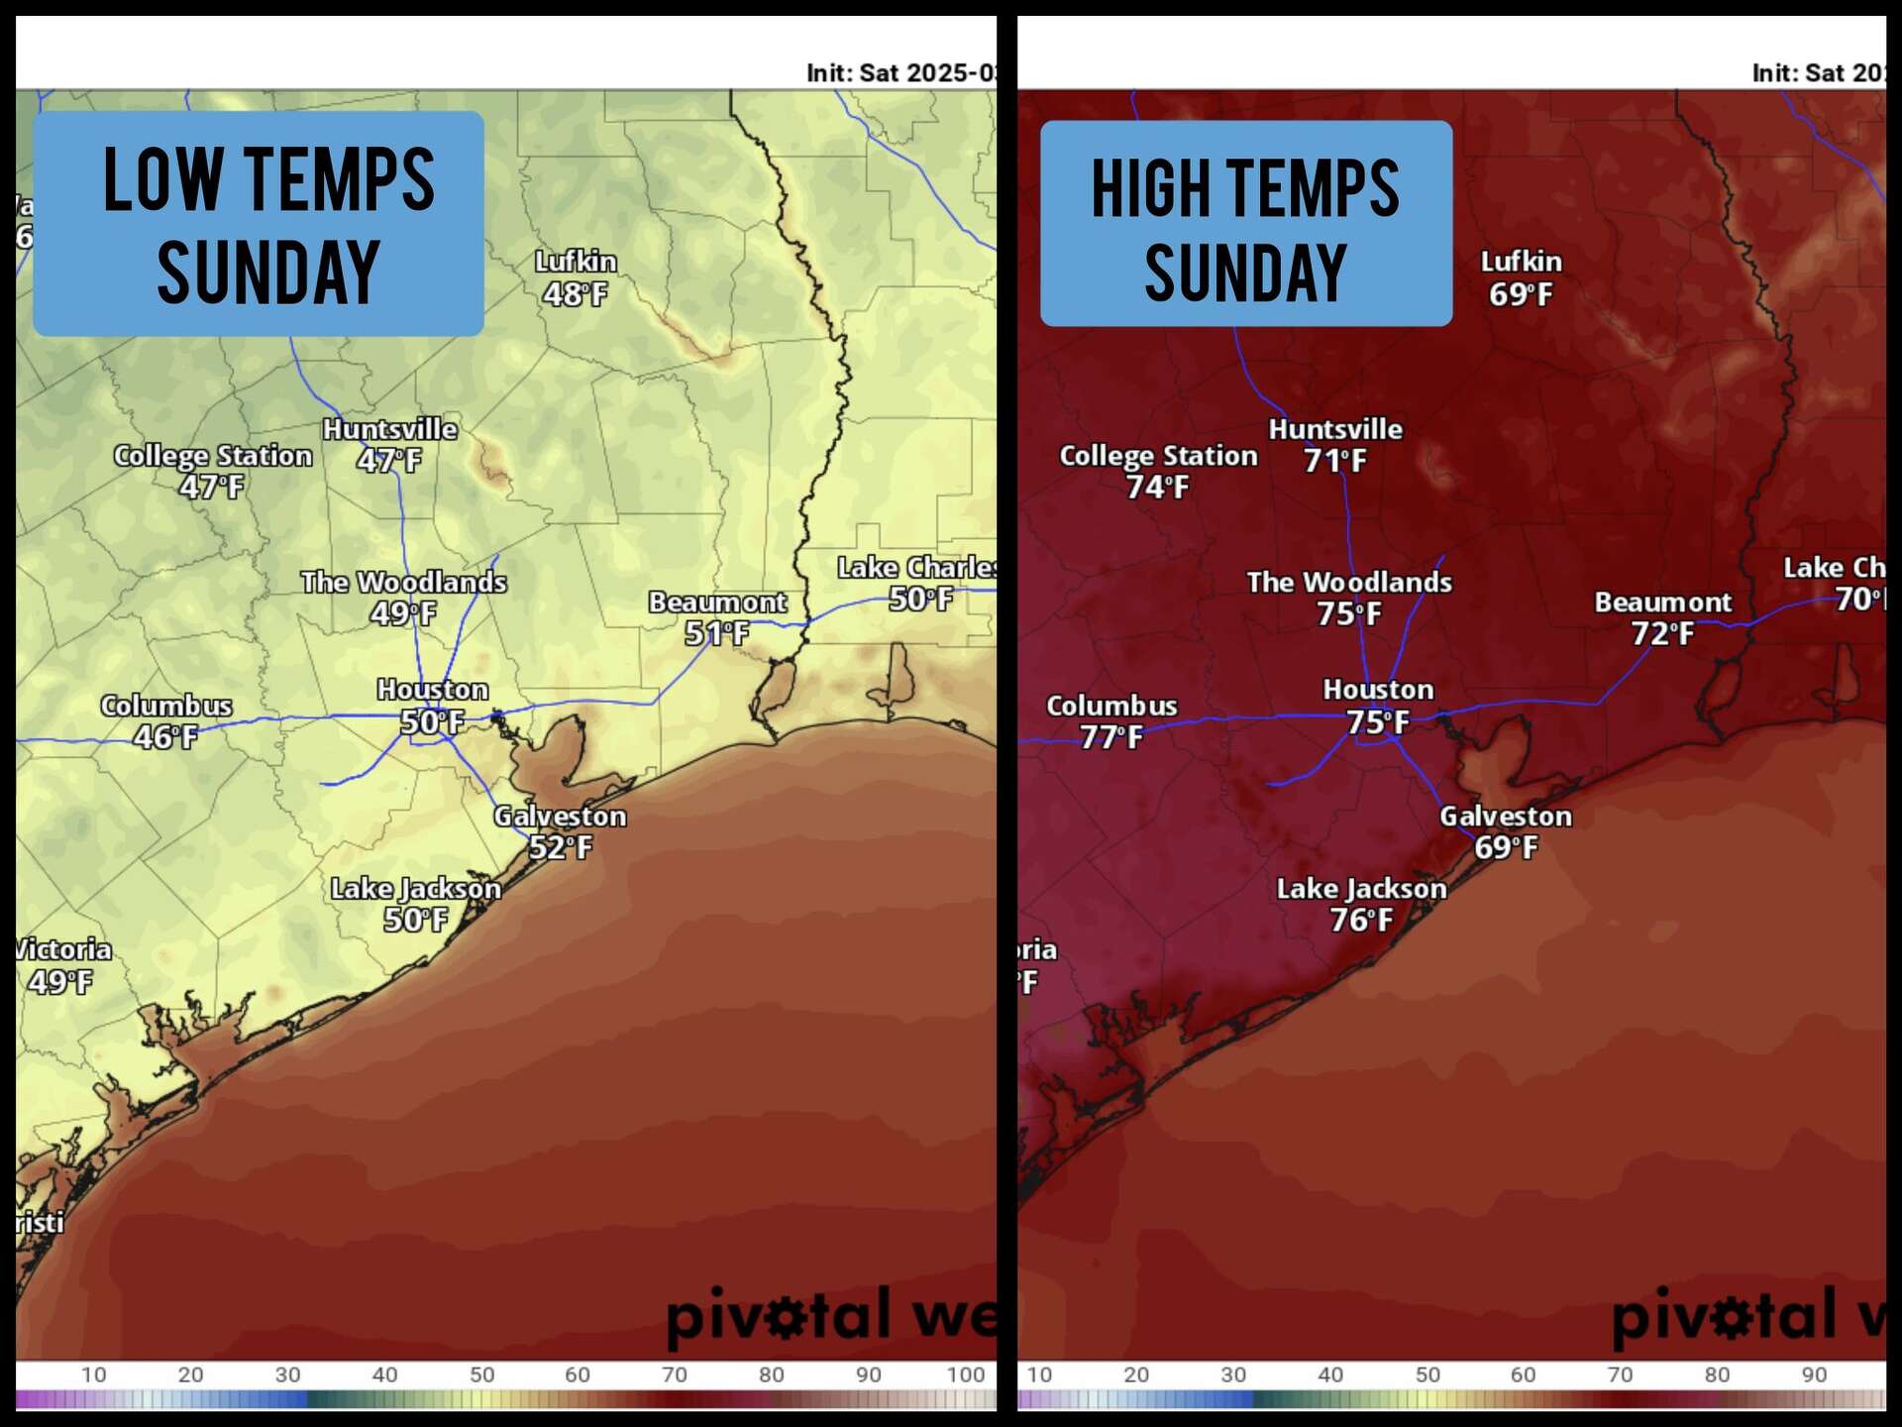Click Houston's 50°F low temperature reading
[x=433, y=721]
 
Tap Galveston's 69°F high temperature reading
[x=1506, y=847]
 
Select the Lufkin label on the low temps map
[x=576, y=262]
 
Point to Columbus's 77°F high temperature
[x=1111, y=737]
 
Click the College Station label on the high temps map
[x=1158, y=456]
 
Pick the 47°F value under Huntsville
[x=388, y=461]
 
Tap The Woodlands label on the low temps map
[x=403, y=582]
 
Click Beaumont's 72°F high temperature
[x=1662, y=633]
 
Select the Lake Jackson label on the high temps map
[x=1361, y=889]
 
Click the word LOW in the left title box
[x=163, y=179]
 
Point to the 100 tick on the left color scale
[x=965, y=1374]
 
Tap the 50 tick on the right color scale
[x=1426, y=1374]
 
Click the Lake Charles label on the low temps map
[x=916, y=568]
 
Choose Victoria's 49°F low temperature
[x=59, y=982]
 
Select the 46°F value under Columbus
[x=165, y=737]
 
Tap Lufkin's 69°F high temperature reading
[x=1521, y=294]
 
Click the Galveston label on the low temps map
[x=560, y=817]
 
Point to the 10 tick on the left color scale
[x=94, y=1374]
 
